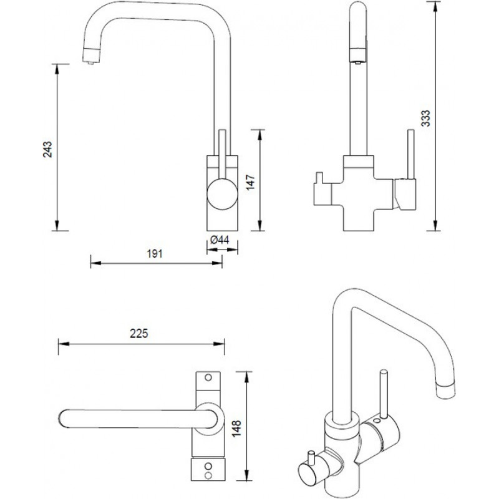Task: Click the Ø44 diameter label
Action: (219, 240)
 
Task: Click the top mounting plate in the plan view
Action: (208, 382)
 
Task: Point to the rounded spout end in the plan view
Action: (64, 419)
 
